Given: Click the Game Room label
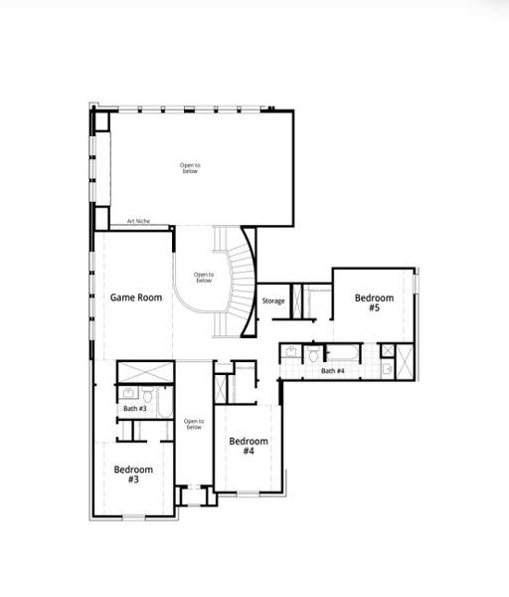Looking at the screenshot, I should [x=135, y=298].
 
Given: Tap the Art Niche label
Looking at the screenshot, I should [x=137, y=221].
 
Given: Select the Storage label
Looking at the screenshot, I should [x=273, y=300].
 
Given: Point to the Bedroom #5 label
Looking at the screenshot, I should [x=375, y=302].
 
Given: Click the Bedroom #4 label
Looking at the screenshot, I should [x=249, y=446].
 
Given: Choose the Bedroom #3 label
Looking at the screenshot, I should [x=133, y=474].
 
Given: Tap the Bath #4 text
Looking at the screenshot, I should [x=333, y=371].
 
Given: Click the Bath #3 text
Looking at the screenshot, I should [x=135, y=409].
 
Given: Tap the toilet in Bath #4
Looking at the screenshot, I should [x=314, y=353].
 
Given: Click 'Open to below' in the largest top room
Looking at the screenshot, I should [x=191, y=167].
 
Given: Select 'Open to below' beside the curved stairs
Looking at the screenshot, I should [x=204, y=278].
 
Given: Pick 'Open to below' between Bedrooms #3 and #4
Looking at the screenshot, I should [x=193, y=424].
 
